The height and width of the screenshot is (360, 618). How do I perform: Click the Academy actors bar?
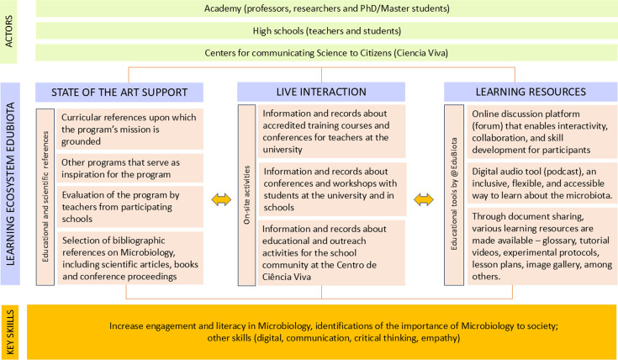326,10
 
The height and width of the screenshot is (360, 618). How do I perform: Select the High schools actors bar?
326,31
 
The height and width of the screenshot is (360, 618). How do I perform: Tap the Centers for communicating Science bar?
326,52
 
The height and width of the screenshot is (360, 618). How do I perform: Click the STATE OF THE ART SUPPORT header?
120,91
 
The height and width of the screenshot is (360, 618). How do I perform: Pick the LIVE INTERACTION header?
321,91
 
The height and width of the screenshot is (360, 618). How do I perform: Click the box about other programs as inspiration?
131,168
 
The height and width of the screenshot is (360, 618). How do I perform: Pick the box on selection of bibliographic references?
131,253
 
